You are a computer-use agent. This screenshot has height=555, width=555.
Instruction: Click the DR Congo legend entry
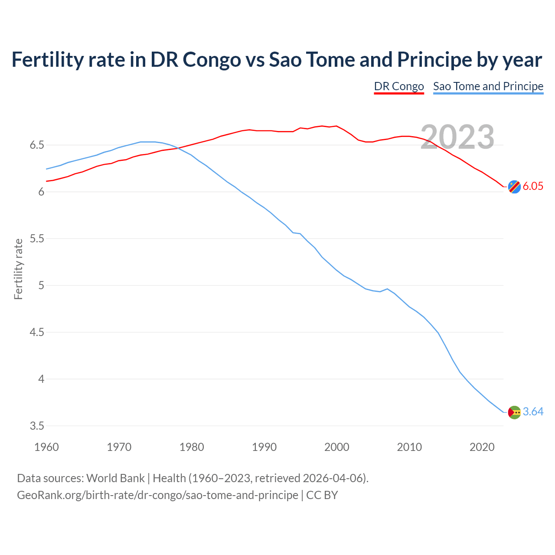pos(399,86)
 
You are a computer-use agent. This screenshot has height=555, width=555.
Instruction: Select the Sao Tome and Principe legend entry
pos(488,86)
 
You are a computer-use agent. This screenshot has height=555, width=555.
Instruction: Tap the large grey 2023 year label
pos(457,137)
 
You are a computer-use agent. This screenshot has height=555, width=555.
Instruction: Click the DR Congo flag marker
pos(514,186)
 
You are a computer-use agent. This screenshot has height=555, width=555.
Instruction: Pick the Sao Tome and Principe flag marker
pos(514,412)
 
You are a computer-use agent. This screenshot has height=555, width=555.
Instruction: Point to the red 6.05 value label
pos(533,186)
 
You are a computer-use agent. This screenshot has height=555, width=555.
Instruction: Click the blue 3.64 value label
pos(533,412)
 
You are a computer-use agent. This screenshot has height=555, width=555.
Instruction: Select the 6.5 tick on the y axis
pos(37,145)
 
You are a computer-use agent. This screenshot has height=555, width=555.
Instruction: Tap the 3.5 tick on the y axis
pos(37,426)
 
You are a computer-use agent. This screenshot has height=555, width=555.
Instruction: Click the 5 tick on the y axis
pos(41,286)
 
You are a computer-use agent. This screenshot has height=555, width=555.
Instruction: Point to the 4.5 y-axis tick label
pos(37,333)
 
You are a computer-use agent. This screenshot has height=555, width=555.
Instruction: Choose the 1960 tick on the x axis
pos(46,447)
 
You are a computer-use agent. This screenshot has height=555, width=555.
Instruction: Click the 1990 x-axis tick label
pos(264,447)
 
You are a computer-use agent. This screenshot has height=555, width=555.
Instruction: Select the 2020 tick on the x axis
pos(482,447)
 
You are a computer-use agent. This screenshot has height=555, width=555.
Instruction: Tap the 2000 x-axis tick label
pos(336,447)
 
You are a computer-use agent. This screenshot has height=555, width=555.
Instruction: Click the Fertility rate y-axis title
pos(18,269)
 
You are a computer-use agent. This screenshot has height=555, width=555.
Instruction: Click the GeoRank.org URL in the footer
pos(157,495)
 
